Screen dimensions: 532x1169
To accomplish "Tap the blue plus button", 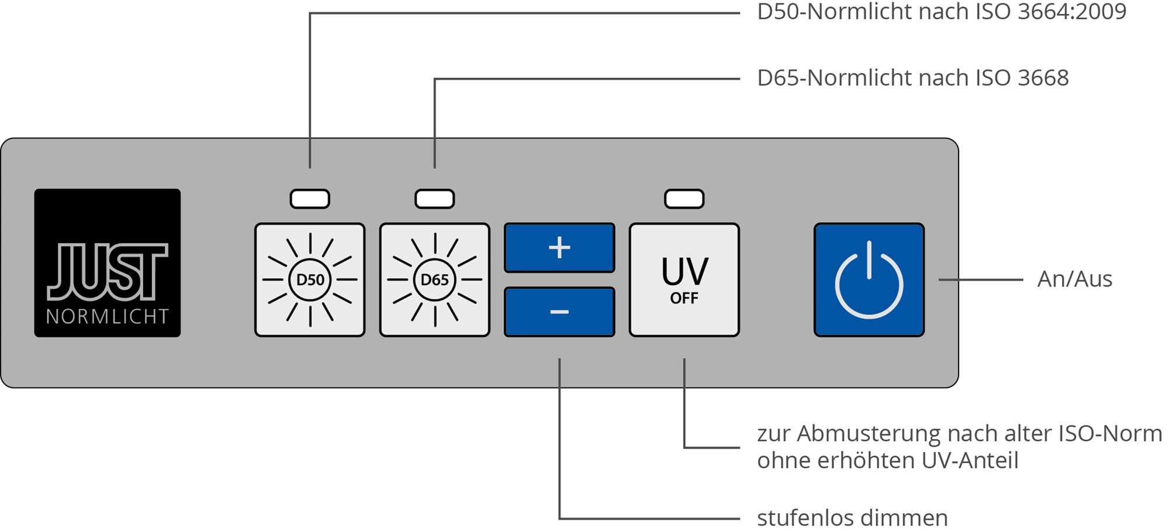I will (559, 248).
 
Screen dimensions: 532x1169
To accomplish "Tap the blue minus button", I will (559, 312).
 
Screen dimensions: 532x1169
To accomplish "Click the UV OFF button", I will (684, 279).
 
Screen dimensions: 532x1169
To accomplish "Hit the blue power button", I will (869, 279).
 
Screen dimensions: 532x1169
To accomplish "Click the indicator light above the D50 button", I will (310, 199).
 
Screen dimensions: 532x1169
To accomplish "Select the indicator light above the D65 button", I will (434, 199).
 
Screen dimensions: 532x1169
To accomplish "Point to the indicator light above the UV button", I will (684, 199).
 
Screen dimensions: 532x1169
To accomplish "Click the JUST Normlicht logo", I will (108, 262).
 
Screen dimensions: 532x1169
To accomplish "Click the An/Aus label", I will (1074, 279).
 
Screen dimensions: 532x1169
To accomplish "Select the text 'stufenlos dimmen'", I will (852, 518).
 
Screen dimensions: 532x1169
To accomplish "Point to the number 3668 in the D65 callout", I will (1043, 78).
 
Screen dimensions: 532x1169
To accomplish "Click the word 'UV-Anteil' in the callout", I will (970, 461).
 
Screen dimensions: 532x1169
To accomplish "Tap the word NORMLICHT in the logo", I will (108, 317).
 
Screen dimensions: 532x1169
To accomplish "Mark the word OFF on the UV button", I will (684, 299).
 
